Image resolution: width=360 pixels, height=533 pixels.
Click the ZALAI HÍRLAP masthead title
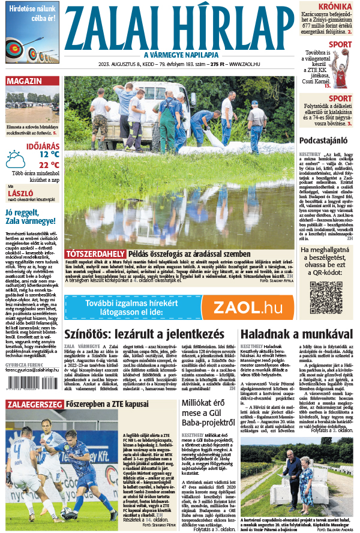click(180, 28)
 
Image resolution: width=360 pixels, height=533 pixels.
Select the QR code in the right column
click(326, 297)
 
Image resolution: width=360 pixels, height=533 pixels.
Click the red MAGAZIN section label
click(25, 81)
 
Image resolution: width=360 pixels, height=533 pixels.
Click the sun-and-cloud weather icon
click(15, 159)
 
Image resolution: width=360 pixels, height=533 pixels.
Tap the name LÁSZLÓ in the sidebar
click(20, 193)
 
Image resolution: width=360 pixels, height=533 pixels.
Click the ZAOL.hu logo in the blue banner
click(247, 307)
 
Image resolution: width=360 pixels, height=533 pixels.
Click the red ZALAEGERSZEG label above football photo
click(34, 405)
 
